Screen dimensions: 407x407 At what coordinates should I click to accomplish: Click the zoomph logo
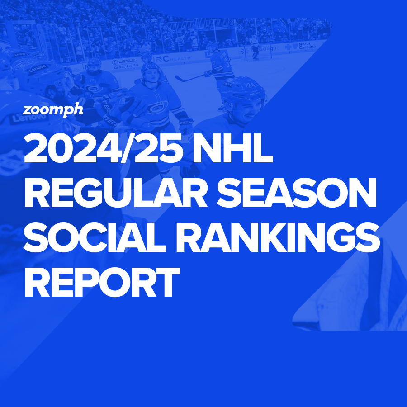(x=53, y=109)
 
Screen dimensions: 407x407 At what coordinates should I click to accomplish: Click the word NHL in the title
(x=232, y=148)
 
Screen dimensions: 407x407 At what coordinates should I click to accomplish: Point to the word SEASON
(x=296, y=193)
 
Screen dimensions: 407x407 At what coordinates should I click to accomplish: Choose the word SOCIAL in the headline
(x=95, y=237)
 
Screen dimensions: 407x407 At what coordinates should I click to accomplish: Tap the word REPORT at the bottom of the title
(x=102, y=282)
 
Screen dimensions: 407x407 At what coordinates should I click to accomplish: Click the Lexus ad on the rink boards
(x=125, y=64)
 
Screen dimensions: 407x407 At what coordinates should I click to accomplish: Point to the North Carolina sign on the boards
(x=301, y=46)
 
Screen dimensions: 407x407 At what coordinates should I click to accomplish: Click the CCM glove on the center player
(x=186, y=125)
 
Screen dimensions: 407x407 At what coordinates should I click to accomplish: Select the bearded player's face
(x=94, y=70)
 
